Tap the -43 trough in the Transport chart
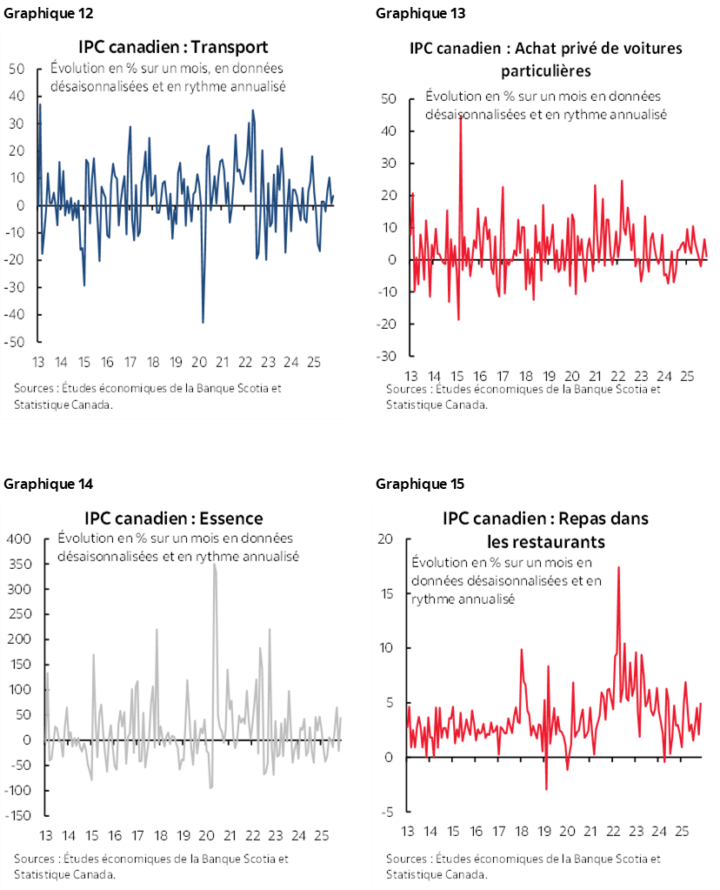[x=203, y=322]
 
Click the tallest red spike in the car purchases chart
[x=460, y=117]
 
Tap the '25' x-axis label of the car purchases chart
[x=686, y=377]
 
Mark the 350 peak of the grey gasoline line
[x=214, y=565]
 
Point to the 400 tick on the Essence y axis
[x=19, y=539]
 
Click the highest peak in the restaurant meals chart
[x=618, y=567]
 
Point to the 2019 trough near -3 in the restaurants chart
[x=546, y=788]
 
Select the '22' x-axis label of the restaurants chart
[x=613, y=832]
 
